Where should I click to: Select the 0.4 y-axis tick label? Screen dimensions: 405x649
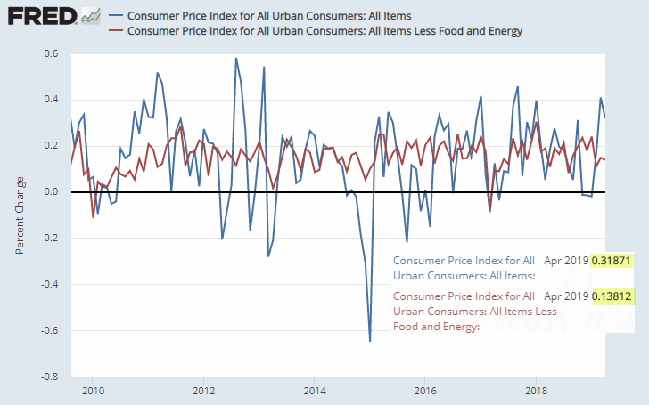pos(51,100)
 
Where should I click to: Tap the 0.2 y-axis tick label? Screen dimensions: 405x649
pos(51,146)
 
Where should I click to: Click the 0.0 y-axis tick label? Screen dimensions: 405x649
pos(51,192)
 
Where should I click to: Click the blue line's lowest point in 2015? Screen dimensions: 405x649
pos(370,341)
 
